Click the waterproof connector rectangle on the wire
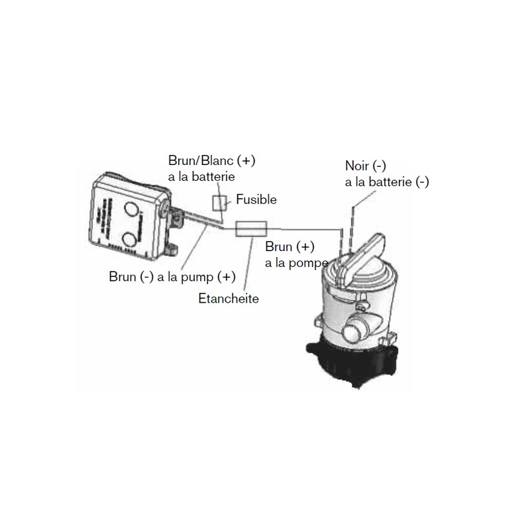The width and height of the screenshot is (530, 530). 252,229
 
